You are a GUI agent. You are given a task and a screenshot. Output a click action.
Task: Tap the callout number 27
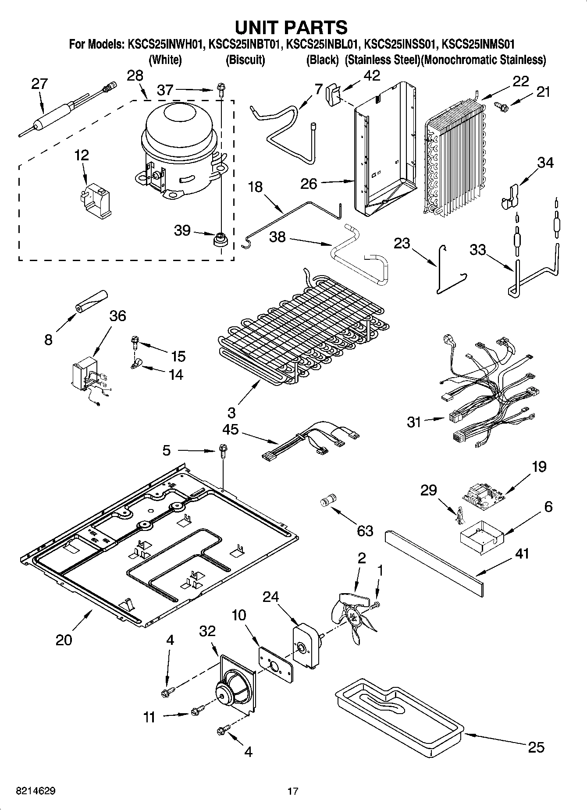[39, 84]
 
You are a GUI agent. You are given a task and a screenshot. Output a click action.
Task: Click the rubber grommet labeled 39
[221, 240]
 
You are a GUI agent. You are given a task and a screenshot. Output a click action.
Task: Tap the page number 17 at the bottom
[293, 791]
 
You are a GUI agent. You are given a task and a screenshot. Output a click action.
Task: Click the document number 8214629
[36, 791]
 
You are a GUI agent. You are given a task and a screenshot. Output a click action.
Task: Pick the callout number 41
[522, 554]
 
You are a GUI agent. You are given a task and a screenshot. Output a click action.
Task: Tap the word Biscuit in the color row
[245, 60]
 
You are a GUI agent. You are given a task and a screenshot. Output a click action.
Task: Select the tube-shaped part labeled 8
[91, 301]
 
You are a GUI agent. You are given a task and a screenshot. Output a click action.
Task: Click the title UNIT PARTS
[291, 27]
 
